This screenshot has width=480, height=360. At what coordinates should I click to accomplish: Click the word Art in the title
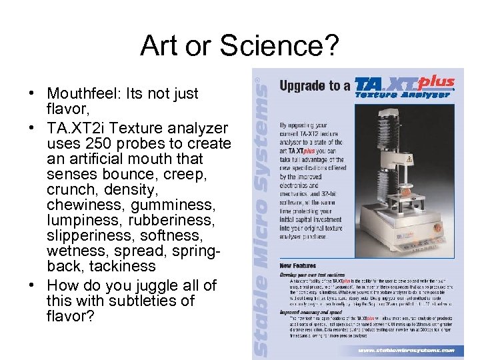157,46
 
